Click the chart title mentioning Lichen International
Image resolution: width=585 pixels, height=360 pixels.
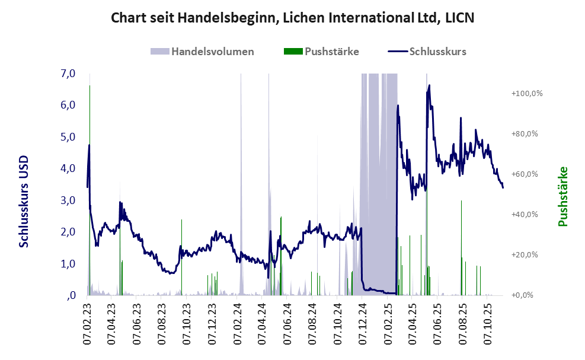click(293, 18)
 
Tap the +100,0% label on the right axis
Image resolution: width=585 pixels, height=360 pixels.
click(523, 94)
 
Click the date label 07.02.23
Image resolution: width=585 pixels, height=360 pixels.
click(87, 323)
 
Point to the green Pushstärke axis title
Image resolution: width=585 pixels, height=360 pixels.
click(563, 196)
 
